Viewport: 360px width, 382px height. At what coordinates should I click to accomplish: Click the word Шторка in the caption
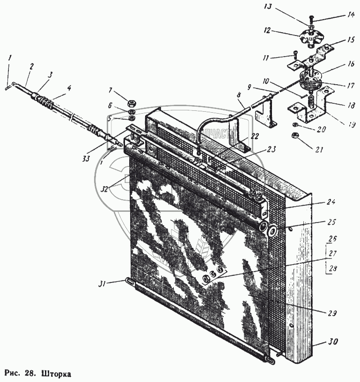coord(57,374)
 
